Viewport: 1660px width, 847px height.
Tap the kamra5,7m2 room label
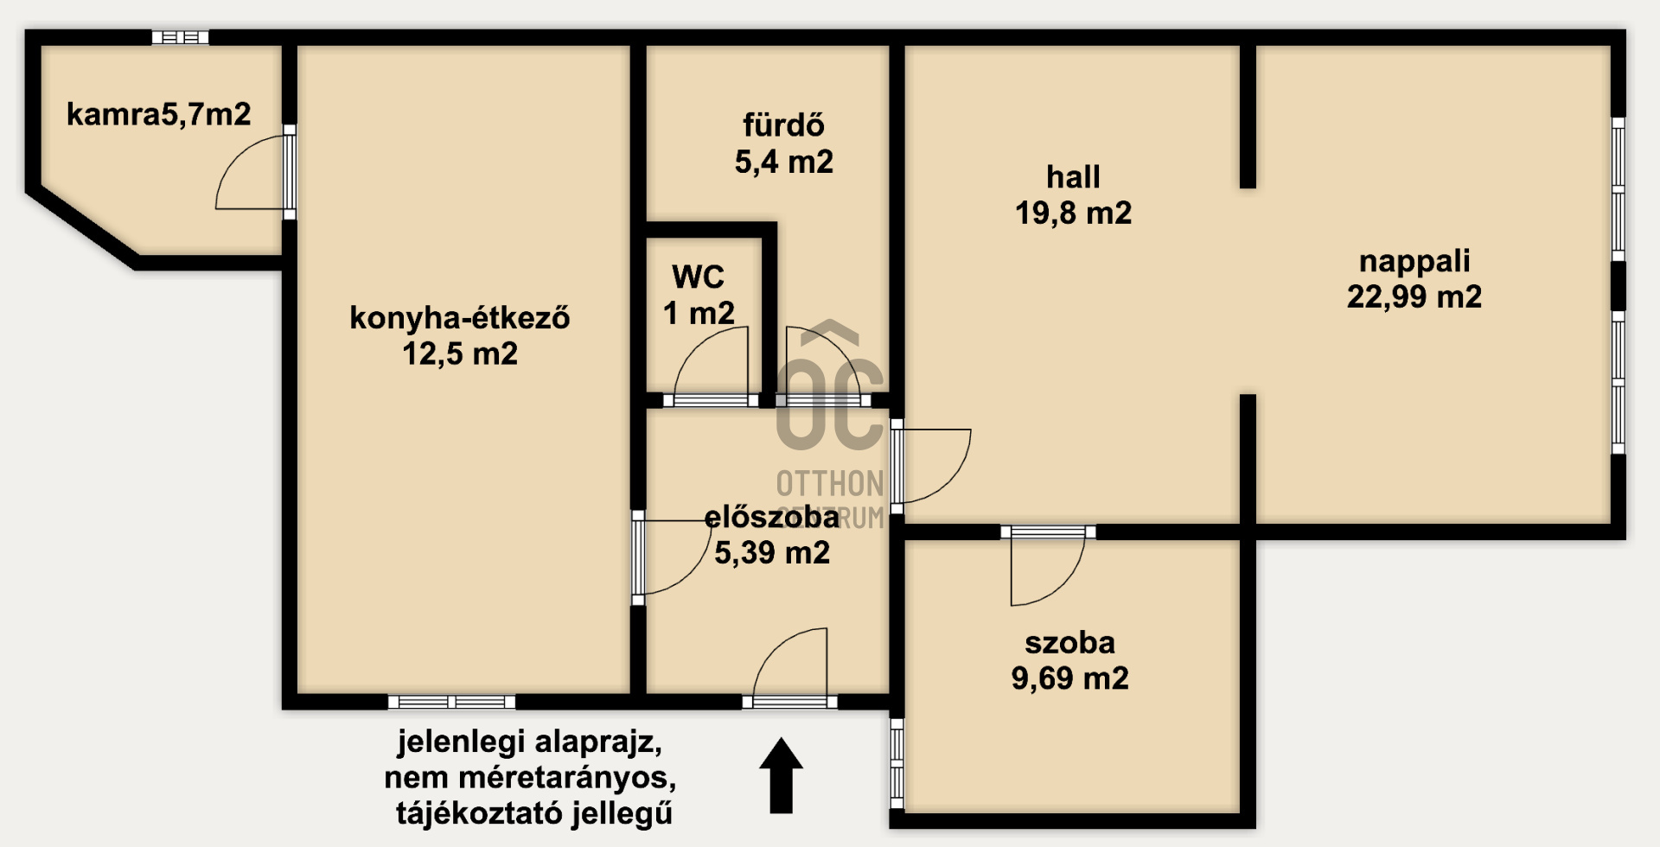coord(158,114)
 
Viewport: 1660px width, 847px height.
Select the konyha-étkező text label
coord(459,318)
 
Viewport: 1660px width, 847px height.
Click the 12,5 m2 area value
coord(460,353)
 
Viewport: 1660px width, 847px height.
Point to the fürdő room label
coord(783,126)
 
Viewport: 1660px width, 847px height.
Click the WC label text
coord(698,277)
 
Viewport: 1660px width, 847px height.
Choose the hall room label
coord(1073,177)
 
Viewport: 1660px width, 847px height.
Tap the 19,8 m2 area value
coord(1073,213)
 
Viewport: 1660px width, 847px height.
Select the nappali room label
coord(1414,261)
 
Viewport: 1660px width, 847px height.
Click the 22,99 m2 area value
coord(1414,297)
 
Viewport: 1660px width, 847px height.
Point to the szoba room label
coord(1069,643)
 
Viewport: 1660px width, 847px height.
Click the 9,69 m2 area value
coord(1069,678)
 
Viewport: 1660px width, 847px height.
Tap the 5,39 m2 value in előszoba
coord(771,552)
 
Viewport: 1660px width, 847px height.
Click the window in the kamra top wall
coord(181,37)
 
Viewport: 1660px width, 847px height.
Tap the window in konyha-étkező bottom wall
coord(451,702)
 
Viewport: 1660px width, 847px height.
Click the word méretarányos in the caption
coord(567,778)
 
